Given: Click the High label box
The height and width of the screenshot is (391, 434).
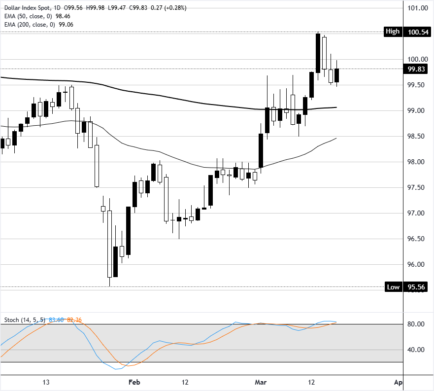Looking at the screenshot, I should [393, 32].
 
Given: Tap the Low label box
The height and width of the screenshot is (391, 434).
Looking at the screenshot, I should [393, 287].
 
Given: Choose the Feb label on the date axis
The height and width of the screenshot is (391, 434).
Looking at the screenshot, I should [134, 382].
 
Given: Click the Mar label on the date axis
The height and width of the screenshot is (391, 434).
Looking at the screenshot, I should [260, 382].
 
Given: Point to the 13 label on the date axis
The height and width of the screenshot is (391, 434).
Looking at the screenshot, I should [46, 382].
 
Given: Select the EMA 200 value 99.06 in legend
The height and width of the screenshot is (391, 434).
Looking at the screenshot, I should [67, 24].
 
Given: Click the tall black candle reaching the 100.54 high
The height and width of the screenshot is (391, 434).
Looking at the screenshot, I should [318, 53].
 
